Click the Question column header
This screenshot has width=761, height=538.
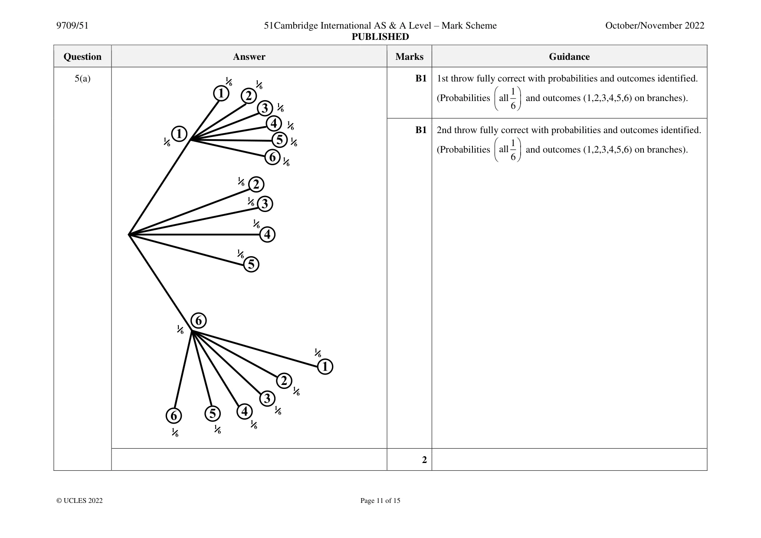(x=82, y=57)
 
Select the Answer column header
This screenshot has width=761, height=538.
(x=249, y=57)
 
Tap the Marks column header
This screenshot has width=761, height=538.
(x=409, y=57)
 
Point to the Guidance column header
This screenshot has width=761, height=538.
(x=569, y=57)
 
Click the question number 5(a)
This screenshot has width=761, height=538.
(x=82, y=78)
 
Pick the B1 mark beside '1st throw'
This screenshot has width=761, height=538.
(x=421, y=78)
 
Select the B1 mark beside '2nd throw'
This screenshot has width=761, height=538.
(x=421, y=130)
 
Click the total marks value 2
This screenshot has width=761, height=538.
(x=424, y=460)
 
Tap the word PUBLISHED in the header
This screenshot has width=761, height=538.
(x=380, y=37)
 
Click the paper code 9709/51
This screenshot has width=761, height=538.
(x=72, y=26)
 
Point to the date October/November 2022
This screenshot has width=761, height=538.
(x=655, y=26)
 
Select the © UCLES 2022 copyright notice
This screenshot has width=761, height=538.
(x=79, y=501)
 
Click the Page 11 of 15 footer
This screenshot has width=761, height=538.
(x=380, y=501)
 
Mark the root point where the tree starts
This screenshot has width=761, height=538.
(x=129, y=235)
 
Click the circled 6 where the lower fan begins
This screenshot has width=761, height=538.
(x=199, y=321)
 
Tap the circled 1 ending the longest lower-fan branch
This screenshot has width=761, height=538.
(x=325, y=367)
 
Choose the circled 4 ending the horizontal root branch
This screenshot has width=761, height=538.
(x=267, y=235)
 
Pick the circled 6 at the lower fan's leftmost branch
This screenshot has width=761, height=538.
(x=174, y=416)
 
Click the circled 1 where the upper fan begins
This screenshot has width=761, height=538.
(x=179, y=134)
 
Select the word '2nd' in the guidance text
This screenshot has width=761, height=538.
(x=444, y=130)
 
